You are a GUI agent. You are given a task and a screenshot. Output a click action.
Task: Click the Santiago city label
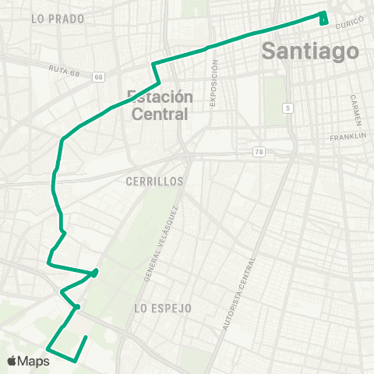click(310, 51)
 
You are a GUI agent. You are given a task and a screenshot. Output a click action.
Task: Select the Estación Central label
click(159, 105)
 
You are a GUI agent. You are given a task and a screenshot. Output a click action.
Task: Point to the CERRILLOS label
click(153, 181)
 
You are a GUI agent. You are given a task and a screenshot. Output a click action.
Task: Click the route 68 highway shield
click(97, 76)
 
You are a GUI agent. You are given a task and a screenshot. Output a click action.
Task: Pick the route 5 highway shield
click(288, 108)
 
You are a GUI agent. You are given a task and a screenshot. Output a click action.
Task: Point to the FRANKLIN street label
click(348, 136)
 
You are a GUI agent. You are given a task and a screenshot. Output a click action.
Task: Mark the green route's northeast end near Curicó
click(323, 17)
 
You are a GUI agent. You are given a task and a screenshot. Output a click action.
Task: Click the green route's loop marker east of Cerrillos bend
click(94, 273)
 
